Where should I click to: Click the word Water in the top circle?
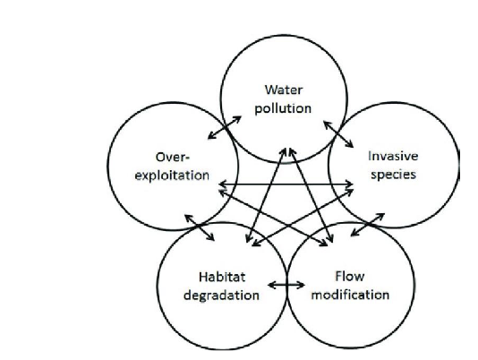coord(284,90)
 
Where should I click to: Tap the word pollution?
coord(283,108)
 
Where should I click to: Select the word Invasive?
coord(393,156)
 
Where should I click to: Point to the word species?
coord(393,175)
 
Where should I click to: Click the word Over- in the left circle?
coord(173,158)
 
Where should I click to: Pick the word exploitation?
coord(172,176)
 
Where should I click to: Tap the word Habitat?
coord(222,277)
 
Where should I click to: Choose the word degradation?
coord(222,296)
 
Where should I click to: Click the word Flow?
coord(350,277)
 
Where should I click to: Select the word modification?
coord(350,295)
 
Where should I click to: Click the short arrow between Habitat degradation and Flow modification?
coord(286,286)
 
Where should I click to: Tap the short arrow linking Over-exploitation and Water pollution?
coord(225,127)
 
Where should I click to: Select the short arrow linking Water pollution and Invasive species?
coord(338,134)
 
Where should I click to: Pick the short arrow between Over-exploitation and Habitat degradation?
coord(200,227)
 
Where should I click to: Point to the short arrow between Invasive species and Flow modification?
coord(367,225)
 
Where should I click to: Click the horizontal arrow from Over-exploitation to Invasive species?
coord(286,184)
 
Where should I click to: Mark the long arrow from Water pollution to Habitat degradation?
coord(266,195)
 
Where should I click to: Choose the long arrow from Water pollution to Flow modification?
coord(311,195)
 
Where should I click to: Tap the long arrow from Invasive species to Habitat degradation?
coord(303,218)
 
